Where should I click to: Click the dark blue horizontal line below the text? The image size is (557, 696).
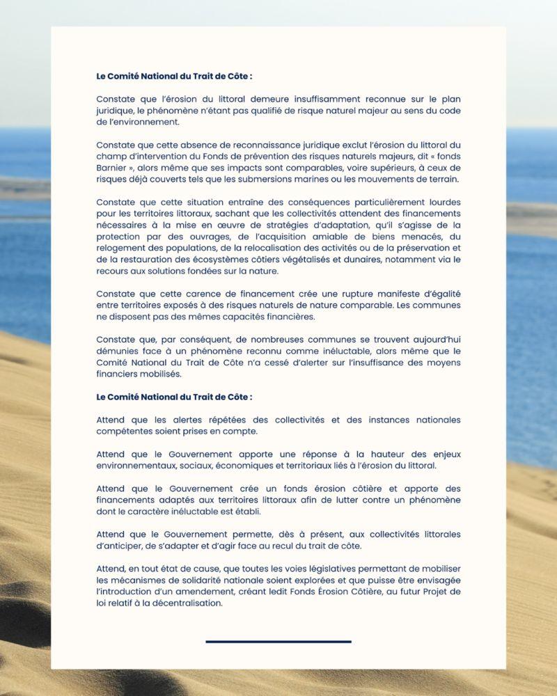coord(278,641)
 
